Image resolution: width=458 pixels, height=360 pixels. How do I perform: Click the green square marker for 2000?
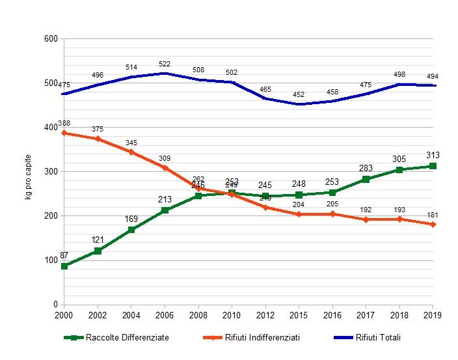[64, 266]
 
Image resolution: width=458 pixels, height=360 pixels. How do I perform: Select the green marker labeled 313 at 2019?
[433, 166]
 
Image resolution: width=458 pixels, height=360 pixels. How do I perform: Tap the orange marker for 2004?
[131, 152]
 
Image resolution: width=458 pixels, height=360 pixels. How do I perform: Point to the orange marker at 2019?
[433, 225]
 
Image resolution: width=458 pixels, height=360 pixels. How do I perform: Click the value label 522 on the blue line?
[165, 64]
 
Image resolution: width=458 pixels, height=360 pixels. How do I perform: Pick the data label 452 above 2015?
[299, 94]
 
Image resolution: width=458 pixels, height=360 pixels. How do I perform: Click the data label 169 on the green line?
[131, 219]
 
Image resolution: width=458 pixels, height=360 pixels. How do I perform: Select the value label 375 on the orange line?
[98, 129]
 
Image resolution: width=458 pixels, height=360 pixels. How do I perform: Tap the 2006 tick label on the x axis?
[165, 315]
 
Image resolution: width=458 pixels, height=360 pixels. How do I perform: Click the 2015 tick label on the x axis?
[299, 315]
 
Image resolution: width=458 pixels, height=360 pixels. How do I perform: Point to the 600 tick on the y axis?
[51, 39]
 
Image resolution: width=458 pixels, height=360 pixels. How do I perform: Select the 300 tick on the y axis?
[51, 172]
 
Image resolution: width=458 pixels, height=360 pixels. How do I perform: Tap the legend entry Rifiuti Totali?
[378, 337]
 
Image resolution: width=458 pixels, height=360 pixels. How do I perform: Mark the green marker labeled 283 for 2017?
[366, 179]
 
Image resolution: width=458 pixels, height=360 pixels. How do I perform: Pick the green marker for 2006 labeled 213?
[165, 210]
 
